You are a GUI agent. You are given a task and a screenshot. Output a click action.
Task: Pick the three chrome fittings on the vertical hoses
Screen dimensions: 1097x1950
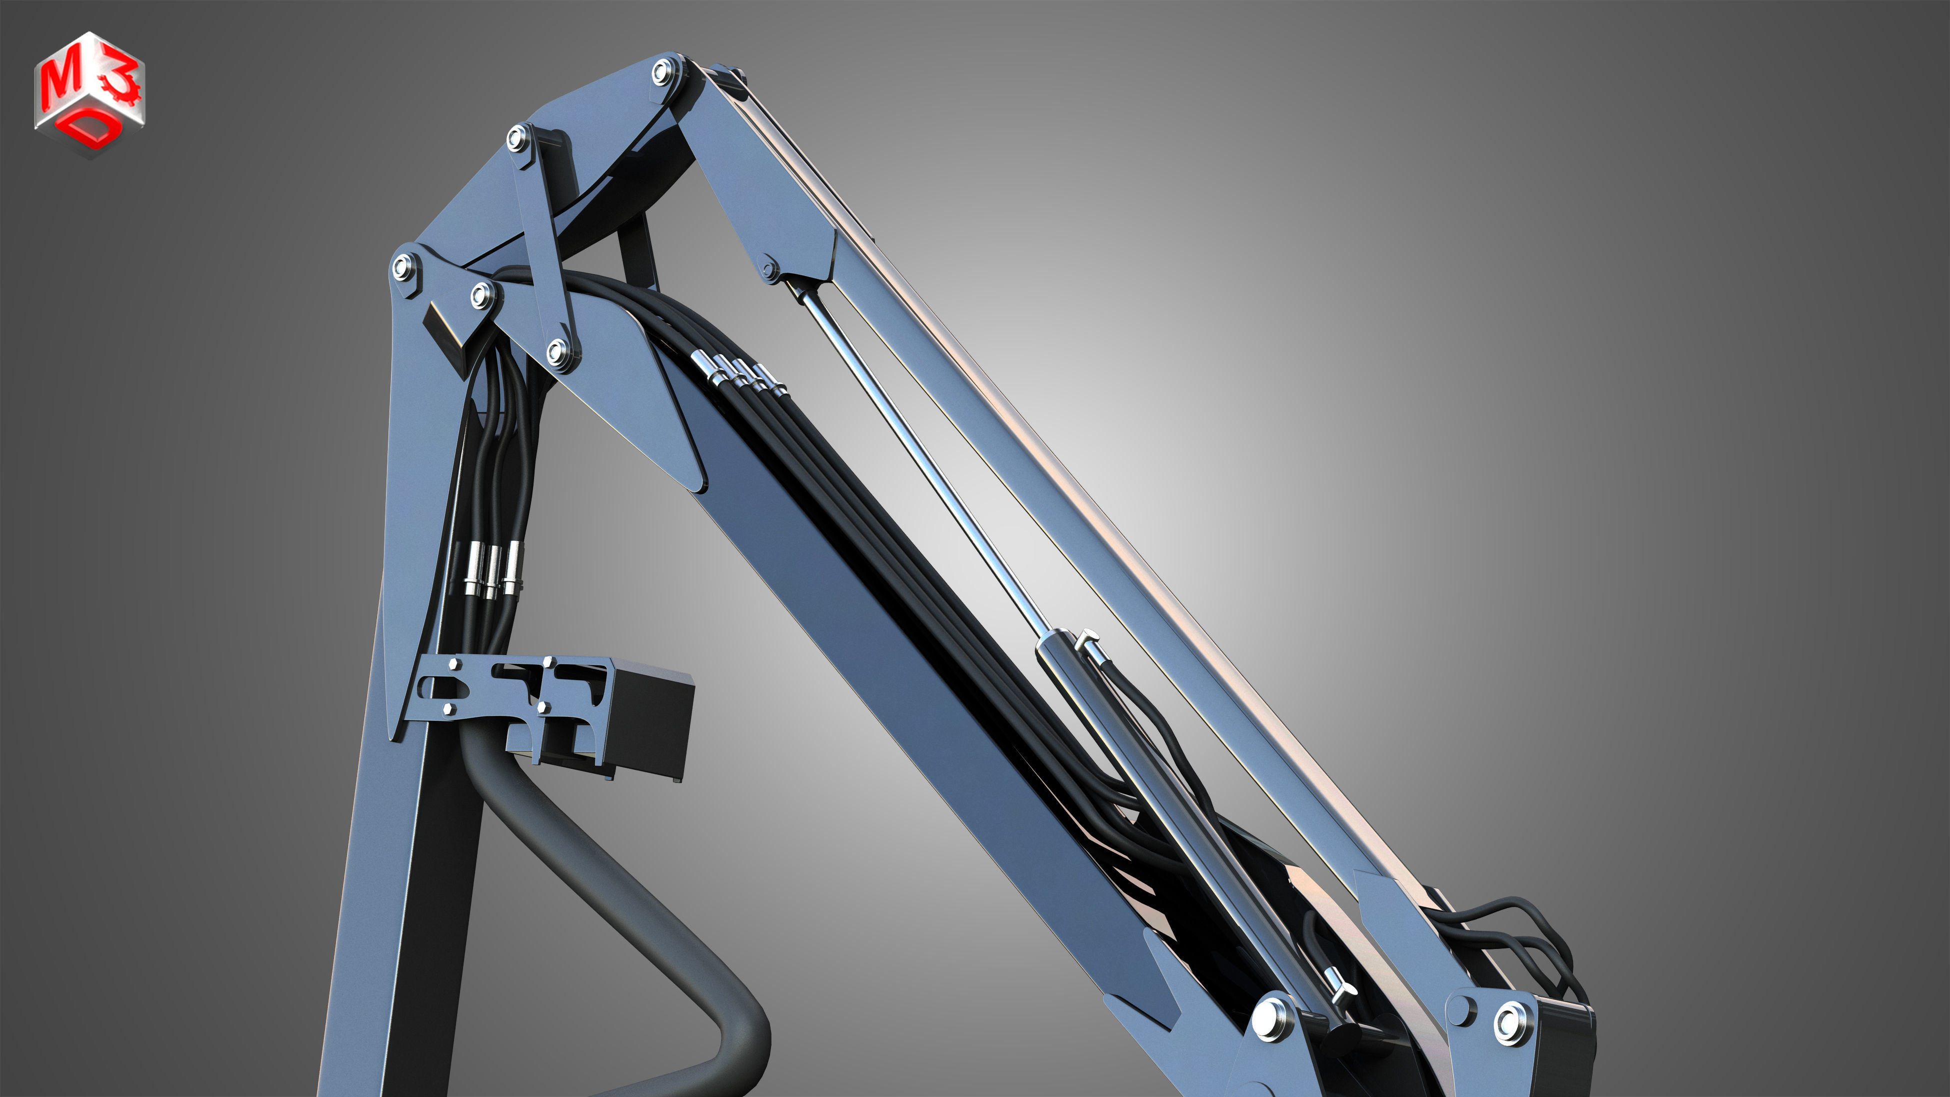tap(492, 569)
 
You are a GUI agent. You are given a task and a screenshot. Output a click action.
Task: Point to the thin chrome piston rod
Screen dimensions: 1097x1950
tap(923, 454)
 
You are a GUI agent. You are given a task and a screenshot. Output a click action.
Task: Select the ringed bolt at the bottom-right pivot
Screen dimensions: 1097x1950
tap(1513, 1022)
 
